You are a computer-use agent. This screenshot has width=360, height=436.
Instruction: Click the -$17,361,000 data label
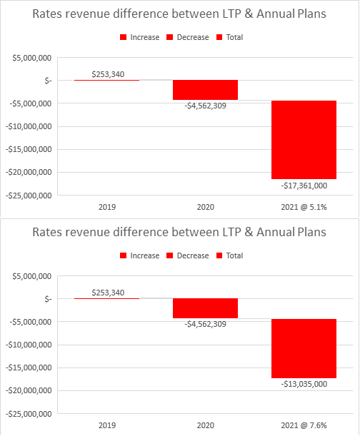(304, 186)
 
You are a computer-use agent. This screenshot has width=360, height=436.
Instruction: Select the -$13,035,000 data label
(304, 384)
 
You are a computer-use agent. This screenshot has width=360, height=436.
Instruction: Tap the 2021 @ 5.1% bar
(304, 140)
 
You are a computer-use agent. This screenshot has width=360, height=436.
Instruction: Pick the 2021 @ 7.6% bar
(304, 348)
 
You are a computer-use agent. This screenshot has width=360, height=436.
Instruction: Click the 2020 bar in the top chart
(205, 90)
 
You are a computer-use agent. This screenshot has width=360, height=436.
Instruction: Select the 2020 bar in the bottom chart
(205, 308)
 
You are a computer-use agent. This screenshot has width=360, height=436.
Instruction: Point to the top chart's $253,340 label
(108, 74)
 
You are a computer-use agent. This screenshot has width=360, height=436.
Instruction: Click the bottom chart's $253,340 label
(108, 293)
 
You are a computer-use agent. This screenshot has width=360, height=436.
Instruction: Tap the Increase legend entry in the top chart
(139, 37)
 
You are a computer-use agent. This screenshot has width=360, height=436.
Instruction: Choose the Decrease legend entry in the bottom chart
(187, 255)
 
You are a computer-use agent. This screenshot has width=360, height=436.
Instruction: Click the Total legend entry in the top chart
(230, 37)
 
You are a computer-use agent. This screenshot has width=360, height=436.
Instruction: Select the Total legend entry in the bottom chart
(230, 255)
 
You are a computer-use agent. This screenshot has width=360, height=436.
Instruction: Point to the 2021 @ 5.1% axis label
(304, 207)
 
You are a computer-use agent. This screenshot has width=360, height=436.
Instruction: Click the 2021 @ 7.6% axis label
(304, 425)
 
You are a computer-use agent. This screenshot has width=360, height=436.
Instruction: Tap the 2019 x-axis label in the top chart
(107, 207)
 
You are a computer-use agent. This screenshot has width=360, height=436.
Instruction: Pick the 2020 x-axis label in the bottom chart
(206, 425)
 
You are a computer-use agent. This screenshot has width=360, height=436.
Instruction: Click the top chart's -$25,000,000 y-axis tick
(29, 196)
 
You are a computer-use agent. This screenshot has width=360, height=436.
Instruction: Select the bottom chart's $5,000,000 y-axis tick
(31, 276)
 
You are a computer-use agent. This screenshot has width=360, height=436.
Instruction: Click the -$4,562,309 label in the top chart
(205, 106)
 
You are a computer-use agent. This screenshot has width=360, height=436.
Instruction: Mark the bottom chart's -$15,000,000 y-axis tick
(29, 368)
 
